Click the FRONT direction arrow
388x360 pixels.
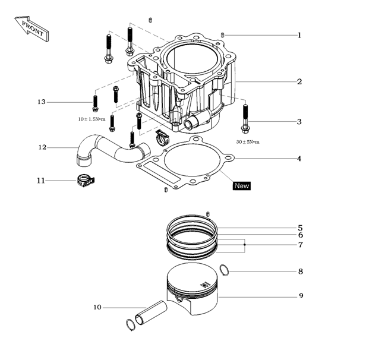pyautogui.click(x=31, y=29)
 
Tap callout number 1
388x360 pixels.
pyautogui.click(x=299, y=36)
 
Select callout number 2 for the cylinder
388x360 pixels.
pyautogui.click(x=299, y=81)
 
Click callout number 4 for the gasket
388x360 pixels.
pyautogui.click(x=299, y=159)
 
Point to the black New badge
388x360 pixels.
pyautogui.click(x=242, y=186)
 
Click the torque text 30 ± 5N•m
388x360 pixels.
pyautogui.click(x=248, y=142)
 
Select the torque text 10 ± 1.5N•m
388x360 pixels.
pyautogui.click(x=92, y=119)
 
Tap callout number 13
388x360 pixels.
pyautogui.click(x=42, y=102)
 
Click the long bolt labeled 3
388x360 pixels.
pyautogui.click(x=245, y=119)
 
